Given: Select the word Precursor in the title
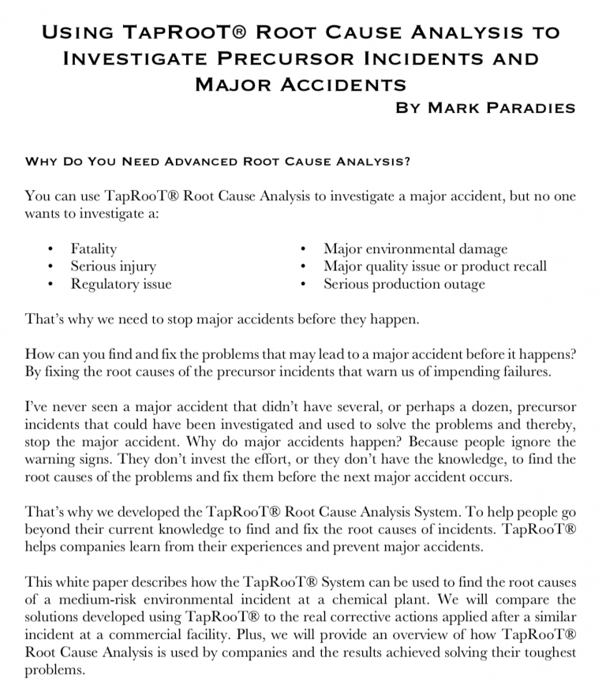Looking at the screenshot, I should click(x=280, y=58).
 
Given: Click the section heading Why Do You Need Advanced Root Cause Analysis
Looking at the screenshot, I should click(x=218, y=162).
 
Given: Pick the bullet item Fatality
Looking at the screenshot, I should click(x=94, y=249).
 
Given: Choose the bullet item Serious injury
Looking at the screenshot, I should click(x=113, y=267).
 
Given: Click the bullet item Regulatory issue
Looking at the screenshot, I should click(x=121, y=284).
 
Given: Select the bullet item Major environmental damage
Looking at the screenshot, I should click(x=415, y=249).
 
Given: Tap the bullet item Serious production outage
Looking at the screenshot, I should click(x=404, y=284).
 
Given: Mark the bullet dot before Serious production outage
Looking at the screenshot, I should click(x=304, y=285).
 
